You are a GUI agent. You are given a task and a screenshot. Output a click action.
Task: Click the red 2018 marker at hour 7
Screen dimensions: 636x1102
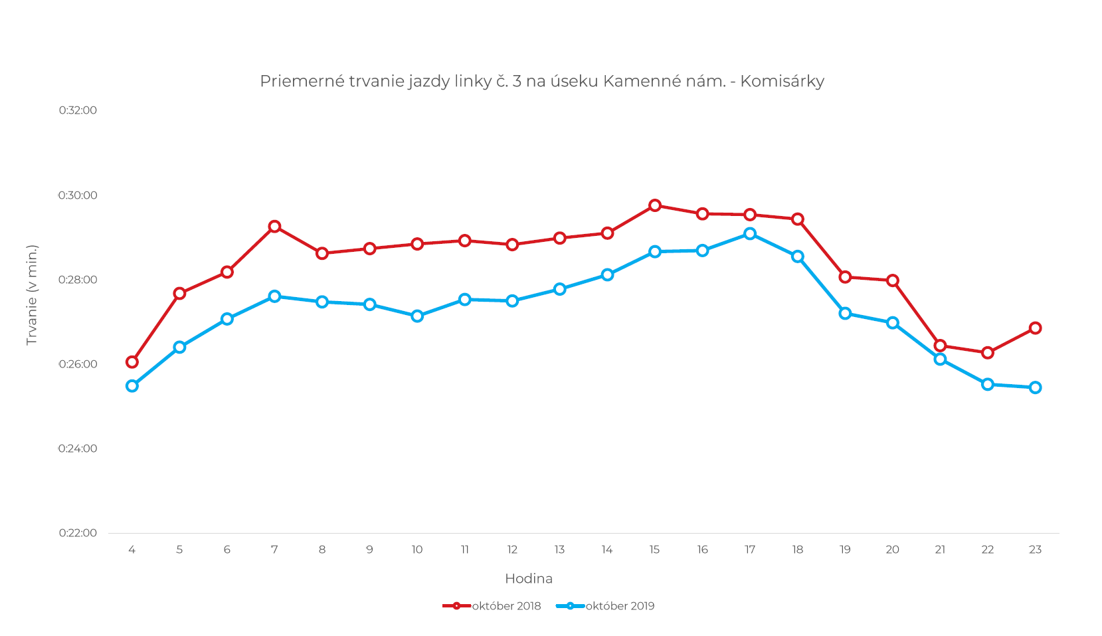point(274,227)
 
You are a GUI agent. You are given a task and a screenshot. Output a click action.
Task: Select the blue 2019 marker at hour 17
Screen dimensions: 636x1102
point(750,233)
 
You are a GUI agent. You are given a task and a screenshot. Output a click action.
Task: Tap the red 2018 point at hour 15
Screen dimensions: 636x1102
point(655,205)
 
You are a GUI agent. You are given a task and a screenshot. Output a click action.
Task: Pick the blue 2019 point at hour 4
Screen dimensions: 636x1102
point(132,386)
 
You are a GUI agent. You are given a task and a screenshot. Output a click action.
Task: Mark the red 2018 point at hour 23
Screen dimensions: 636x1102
point(1035,328)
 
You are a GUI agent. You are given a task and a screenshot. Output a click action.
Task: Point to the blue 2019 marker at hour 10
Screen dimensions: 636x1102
point(417,316)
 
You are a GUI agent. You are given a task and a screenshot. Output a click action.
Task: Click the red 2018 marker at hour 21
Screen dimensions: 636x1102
point(940,346)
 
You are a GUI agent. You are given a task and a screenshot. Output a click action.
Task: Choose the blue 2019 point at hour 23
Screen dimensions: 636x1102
point(1035,387)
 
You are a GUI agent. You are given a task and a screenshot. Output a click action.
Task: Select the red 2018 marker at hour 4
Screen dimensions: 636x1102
point(132,362)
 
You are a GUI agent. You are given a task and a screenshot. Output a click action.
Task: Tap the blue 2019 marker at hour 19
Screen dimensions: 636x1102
point(845,314)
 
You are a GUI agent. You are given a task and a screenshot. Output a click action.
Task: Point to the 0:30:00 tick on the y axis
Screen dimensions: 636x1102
point(78,195)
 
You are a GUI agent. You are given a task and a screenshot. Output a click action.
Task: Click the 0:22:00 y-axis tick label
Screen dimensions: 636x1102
point(78,533)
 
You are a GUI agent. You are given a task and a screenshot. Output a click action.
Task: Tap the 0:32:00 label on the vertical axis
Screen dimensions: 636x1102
point(78,110)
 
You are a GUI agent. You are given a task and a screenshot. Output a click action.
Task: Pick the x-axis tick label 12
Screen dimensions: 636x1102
point(512,550)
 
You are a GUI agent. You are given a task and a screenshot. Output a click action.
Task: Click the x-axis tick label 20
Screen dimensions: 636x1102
point(892,550)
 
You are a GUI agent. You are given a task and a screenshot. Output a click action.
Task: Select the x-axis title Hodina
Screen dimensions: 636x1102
point(529,579)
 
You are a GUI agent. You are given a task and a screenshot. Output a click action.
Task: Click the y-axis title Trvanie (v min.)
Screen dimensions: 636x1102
point(31,295)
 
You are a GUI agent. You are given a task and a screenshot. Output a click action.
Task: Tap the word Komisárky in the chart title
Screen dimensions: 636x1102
point(782,81)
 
